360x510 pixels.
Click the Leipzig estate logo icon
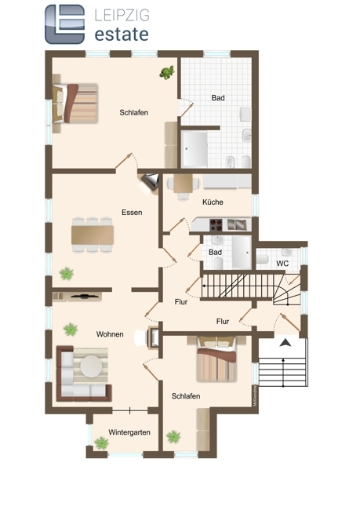coord(65,24)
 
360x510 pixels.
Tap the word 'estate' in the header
coord(122,35)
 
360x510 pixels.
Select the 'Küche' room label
coord(213,202)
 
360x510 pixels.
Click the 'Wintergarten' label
coord(129,432)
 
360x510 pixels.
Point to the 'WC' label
coord(282,263)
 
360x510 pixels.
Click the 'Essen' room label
coord(132,213)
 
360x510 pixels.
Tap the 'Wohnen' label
coord(110,334)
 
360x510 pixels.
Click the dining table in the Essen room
coord(93,235)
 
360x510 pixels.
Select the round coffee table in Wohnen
coord(91,366)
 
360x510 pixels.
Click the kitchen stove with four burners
coord(216,224)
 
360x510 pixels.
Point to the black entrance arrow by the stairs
coord(285,342)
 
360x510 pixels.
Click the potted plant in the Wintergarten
coord(101,443)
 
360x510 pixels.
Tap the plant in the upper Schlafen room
coord(167,72)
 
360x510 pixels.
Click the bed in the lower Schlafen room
coord(216,359)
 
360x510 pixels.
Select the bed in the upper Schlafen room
coord(75,104)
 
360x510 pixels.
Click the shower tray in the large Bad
coord(195,149)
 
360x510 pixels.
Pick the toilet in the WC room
coord(262,259)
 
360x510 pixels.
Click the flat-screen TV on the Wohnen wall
coord(84,296)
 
